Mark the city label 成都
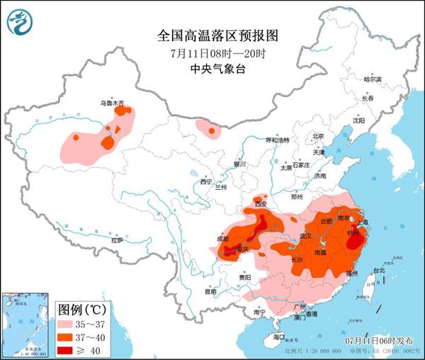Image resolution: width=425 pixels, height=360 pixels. point(223,239)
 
